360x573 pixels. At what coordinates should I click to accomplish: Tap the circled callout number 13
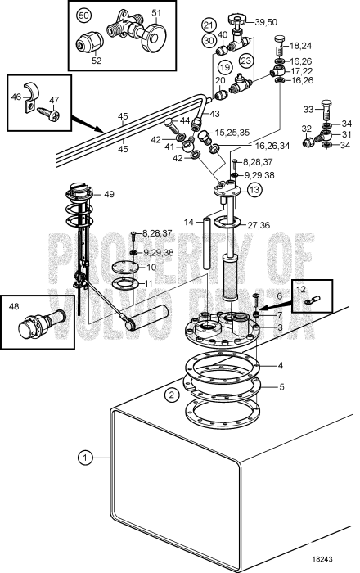[x=256, y=190]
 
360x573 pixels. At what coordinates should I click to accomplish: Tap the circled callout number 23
[x=246, y=60]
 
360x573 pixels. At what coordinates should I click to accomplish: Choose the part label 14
[x=189, y=222]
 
